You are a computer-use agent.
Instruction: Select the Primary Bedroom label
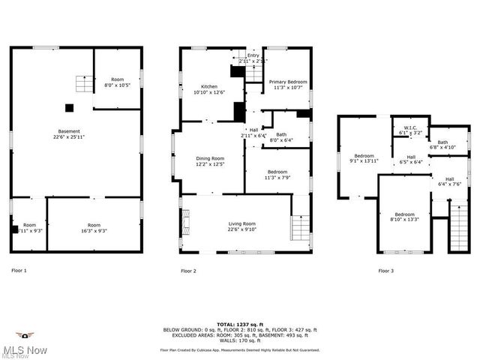[x=288, y=82]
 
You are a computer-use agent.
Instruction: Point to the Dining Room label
[x=210, y=158]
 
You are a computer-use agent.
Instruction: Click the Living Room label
[x=242, y=223]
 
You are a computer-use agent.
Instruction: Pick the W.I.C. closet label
[x=410, y=127]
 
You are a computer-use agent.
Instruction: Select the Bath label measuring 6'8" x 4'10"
[x=442, y=142]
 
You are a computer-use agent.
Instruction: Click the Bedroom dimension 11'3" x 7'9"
[x=277, y=178]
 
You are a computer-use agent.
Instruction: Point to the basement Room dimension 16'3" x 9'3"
[x=94, y=230]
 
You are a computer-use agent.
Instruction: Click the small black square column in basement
[x=70, y=107]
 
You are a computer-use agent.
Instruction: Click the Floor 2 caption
[x=188, y=270]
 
